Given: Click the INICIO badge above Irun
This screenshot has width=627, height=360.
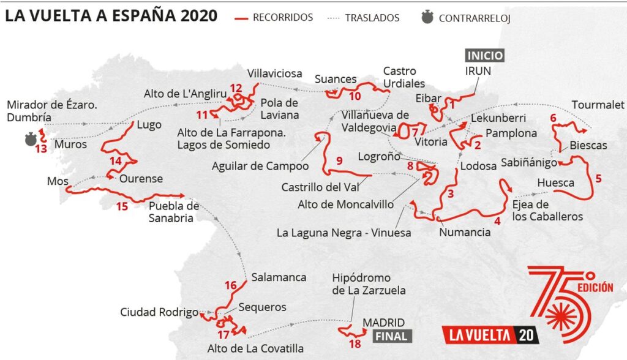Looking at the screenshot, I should point(485,55).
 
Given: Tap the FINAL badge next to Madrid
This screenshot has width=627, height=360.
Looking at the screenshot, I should point(391,336).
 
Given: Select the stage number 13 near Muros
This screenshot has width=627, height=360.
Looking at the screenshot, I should point(41,149).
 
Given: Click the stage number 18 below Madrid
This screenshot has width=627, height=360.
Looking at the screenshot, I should point(355,343).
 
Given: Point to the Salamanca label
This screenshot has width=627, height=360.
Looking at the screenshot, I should point(279,277).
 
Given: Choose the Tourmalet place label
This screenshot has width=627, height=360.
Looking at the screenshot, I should point(598,105).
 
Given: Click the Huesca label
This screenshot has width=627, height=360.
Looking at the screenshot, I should point(555,182).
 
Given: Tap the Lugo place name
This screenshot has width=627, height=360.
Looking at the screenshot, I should point(149,125).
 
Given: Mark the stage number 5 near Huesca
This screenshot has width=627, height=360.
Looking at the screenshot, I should point(598,179).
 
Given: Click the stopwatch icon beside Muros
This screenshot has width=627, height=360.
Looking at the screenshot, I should point(29,140).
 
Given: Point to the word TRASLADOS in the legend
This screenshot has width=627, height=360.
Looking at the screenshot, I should point(373,18).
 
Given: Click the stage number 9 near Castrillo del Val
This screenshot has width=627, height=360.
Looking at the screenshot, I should point(339,162).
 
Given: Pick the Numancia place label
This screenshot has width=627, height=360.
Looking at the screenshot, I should point(465,232).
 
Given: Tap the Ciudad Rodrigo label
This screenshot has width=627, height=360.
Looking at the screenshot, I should point(159,312).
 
